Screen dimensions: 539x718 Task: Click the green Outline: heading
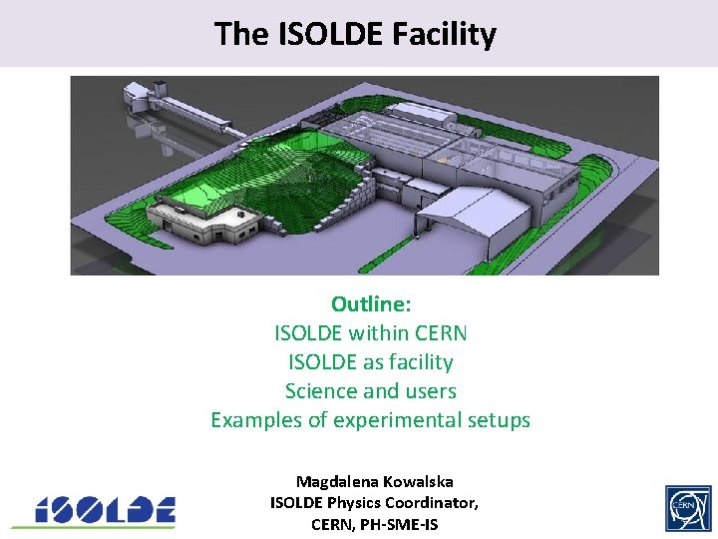(x=371, y=303)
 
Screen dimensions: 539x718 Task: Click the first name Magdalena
(x=336, y=481)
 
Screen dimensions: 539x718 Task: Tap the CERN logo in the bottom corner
(x=687, y=508)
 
